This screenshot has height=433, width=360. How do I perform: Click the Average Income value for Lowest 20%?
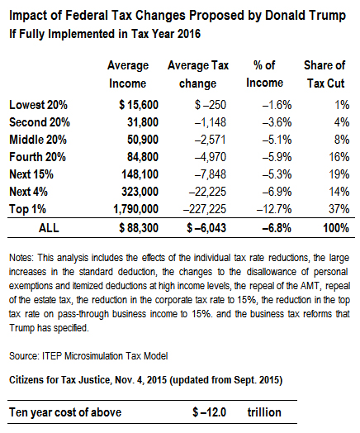[139, 105]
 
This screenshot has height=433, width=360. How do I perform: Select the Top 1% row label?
[27, 209]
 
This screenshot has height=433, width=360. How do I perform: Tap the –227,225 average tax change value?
[205, 209]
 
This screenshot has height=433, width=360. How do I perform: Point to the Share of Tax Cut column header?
[324, 74]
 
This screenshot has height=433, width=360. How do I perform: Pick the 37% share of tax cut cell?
[339, 209]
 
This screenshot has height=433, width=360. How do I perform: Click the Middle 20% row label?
[38, 140]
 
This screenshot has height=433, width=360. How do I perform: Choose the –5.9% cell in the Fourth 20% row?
[277, 157]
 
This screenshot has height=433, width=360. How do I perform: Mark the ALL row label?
[49, 228]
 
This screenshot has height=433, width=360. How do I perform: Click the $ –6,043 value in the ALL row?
[206, 228]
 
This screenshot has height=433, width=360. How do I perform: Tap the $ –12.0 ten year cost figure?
[210, 412]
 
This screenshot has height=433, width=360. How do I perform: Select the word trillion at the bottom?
[264, 412]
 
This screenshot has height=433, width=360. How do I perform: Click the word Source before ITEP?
[24, 355]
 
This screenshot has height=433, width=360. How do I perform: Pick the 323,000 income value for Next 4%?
[140, 192]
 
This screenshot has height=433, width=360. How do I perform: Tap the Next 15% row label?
[31, 174]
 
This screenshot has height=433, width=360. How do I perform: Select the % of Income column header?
[264, 74]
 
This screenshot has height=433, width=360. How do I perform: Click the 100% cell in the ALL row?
[336, 228]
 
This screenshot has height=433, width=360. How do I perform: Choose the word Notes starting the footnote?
[21, 258]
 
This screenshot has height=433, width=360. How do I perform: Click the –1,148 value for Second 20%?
[211, 122]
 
